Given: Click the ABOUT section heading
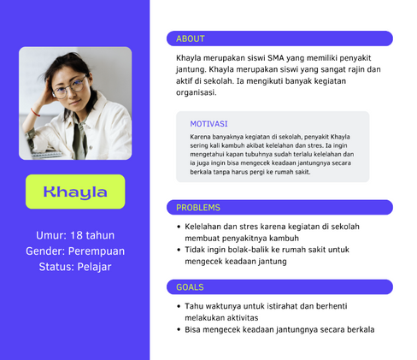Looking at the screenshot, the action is click(x=191, y=38).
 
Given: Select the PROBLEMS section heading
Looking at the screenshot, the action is click(x=198, y=208).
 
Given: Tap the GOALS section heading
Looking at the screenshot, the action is click(x=190, y=287).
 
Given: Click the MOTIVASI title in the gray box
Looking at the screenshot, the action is click(x=208, y=124).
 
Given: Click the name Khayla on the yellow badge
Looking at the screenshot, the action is click(x=75, y=192).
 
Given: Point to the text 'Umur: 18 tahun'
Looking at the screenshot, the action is click(x=75, y=235).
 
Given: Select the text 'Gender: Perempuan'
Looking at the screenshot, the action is click(x=75, y=251).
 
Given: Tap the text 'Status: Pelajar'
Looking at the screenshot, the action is click(x=75, y=267).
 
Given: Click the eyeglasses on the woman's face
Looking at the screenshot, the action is click(x=69, y=87).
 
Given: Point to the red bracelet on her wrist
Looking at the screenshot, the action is click(x=35, y=112).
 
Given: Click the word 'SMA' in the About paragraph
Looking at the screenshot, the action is click(x=276, y=58).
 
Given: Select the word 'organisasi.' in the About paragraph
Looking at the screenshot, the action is click(x=197, y=92).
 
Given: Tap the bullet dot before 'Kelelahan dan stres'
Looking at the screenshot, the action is click(x=179, y=227).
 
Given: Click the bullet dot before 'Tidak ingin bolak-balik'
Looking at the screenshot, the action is click(x=179, y=250).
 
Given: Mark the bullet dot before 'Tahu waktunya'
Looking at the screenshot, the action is click(x=179, y=306).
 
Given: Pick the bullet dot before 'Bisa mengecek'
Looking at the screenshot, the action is click(x=179, y=330).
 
